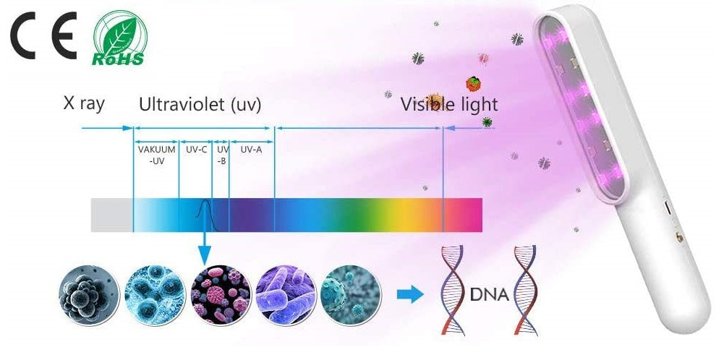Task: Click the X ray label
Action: [84, 104]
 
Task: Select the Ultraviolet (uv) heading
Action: [200, 105]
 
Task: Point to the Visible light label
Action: [449, 105]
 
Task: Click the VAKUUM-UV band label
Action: [157, 155]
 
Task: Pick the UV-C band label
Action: [196, 150]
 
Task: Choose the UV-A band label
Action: [251, 150]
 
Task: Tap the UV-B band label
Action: [222, 155]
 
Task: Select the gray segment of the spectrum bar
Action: [112, 215]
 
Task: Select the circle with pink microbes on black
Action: [221, 294]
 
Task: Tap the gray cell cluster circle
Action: [90, 294]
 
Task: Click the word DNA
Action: [490, 295]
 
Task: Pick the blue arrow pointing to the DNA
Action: [410, 294]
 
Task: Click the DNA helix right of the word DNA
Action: [526, 290]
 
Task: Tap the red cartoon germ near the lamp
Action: [474, 84]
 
